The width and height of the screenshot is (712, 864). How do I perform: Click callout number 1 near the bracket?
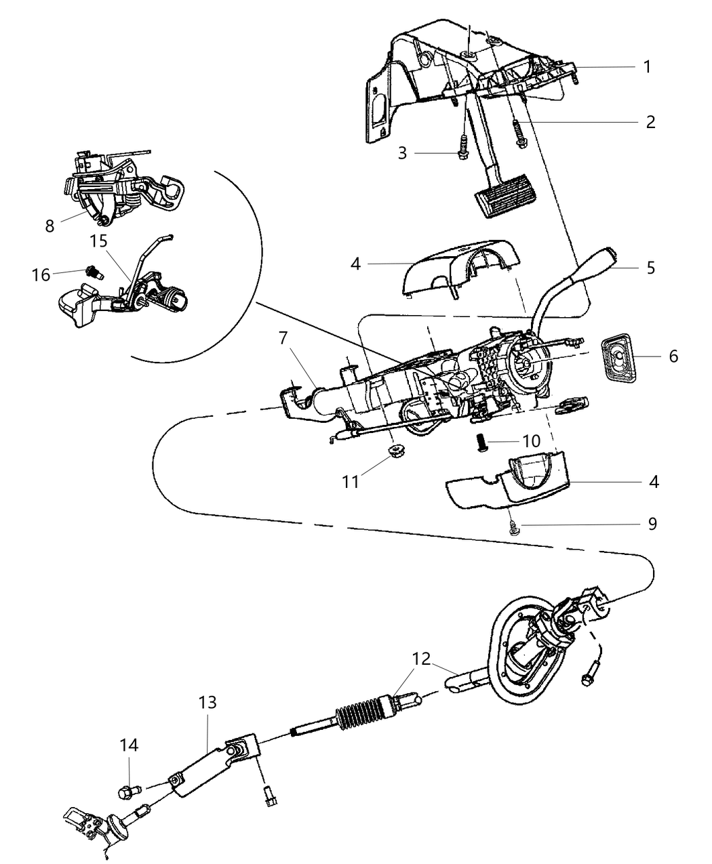(x=647, y=66)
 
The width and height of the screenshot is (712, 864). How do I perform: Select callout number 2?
(x=650, y=122)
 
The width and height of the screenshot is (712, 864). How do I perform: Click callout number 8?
(x=50, y=226)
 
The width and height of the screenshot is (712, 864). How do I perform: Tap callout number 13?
(x=207, y=703)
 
